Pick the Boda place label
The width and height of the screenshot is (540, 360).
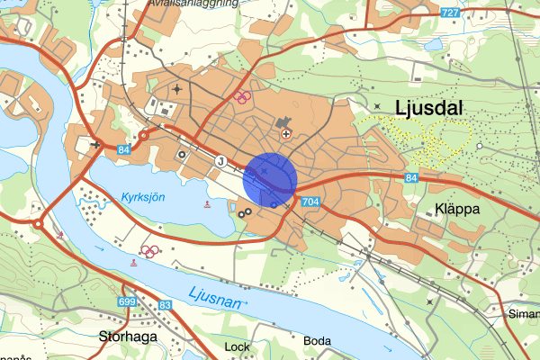318,341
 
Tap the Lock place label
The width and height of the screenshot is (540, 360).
237,346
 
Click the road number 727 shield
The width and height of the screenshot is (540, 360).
452,13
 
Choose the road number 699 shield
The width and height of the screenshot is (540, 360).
125,301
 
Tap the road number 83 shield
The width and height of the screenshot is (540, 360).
165,307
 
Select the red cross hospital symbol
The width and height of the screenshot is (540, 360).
286,134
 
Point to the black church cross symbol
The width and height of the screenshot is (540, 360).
95,144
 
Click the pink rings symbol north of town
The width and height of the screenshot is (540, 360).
241,95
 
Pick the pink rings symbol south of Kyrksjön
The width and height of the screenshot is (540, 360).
150,250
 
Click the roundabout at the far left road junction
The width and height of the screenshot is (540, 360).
39,222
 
